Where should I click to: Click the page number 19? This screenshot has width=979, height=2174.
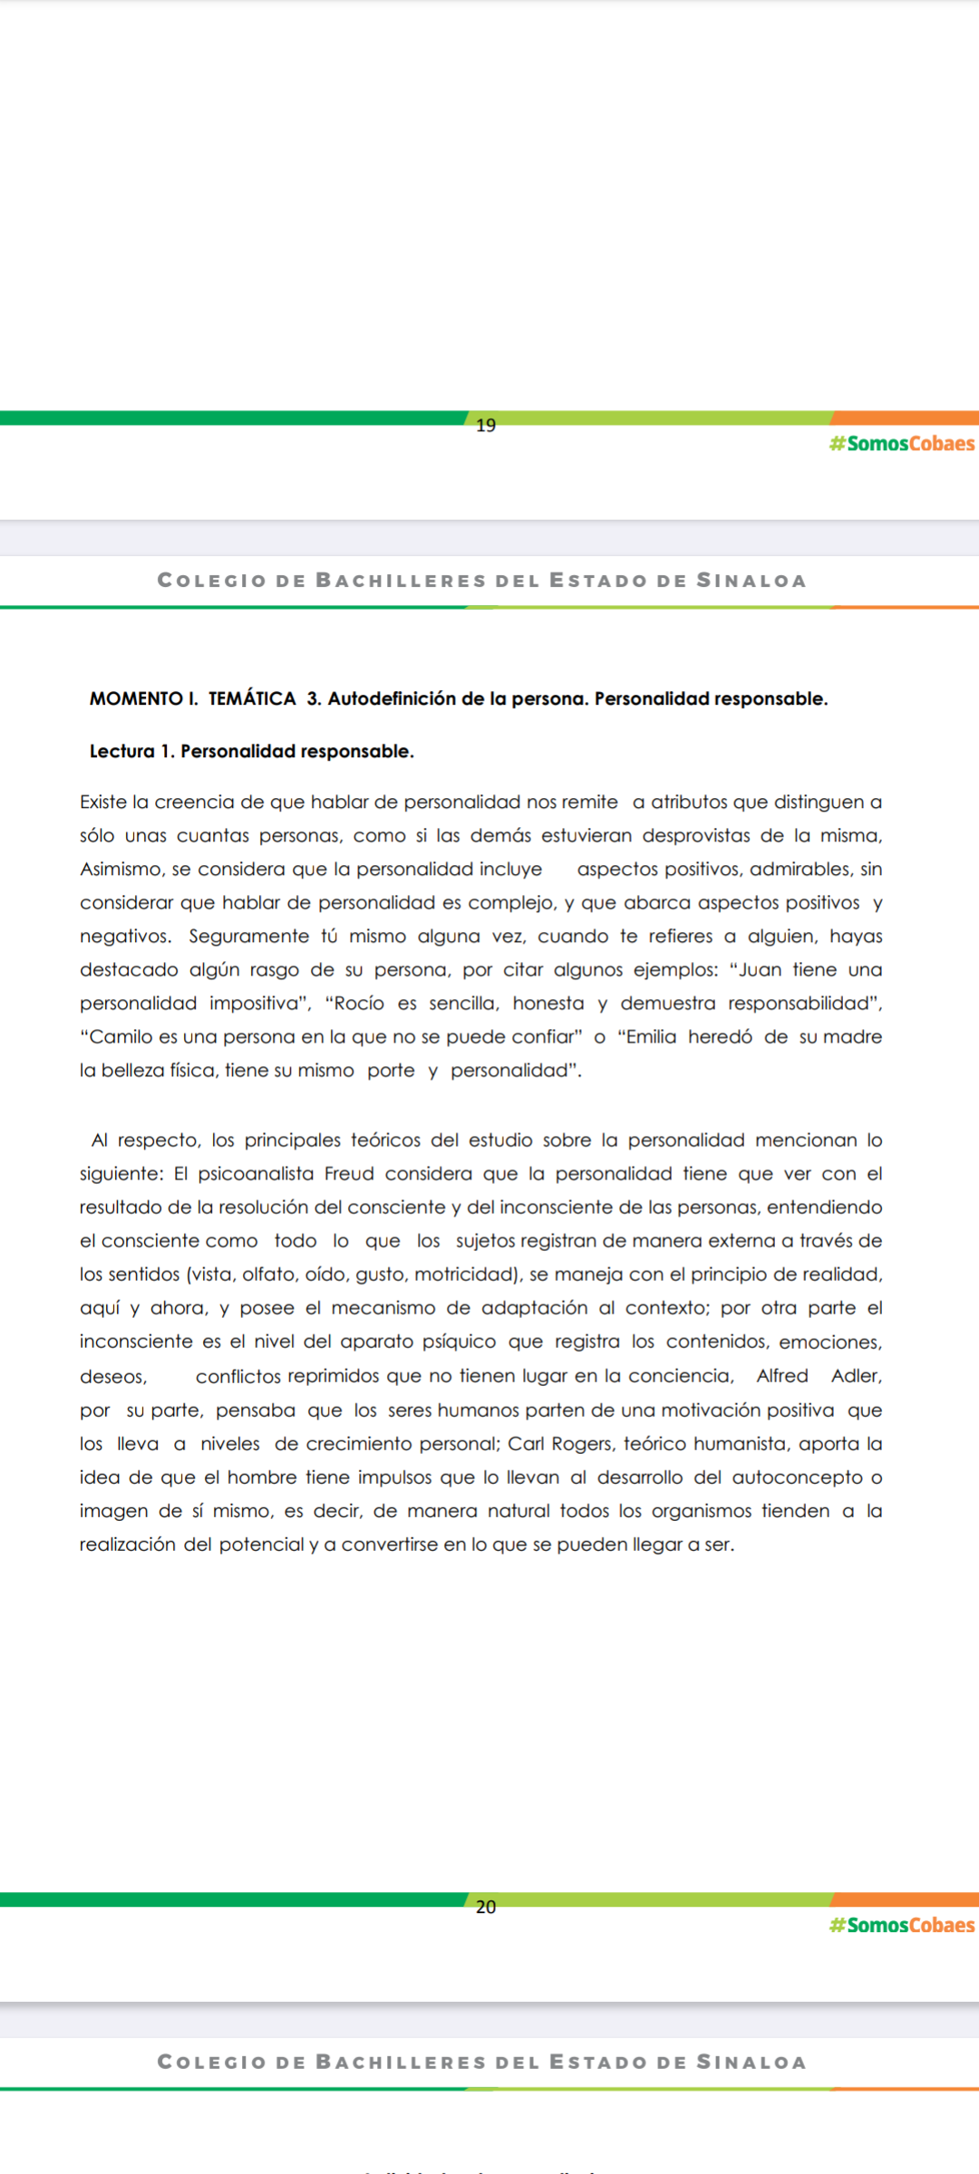click(486, 425)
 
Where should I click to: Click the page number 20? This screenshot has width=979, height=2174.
click(486, 1907)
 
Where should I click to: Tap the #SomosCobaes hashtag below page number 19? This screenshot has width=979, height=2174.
click(902, 444)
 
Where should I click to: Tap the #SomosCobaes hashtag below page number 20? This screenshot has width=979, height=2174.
click(902, 1925)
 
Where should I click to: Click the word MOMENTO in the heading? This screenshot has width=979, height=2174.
click(136, 698)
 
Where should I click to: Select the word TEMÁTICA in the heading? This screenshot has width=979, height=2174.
click(252, 698)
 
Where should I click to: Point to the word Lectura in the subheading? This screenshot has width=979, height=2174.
click(121, 751)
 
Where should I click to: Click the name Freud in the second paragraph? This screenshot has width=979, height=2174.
click(349, 1174)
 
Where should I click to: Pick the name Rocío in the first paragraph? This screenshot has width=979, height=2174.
click(360, 1004)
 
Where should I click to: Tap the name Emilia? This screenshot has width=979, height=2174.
click(651, 1037)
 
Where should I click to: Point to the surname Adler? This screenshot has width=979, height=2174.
click(856, 1376)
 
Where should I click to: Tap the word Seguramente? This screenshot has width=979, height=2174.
click(248, 937)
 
